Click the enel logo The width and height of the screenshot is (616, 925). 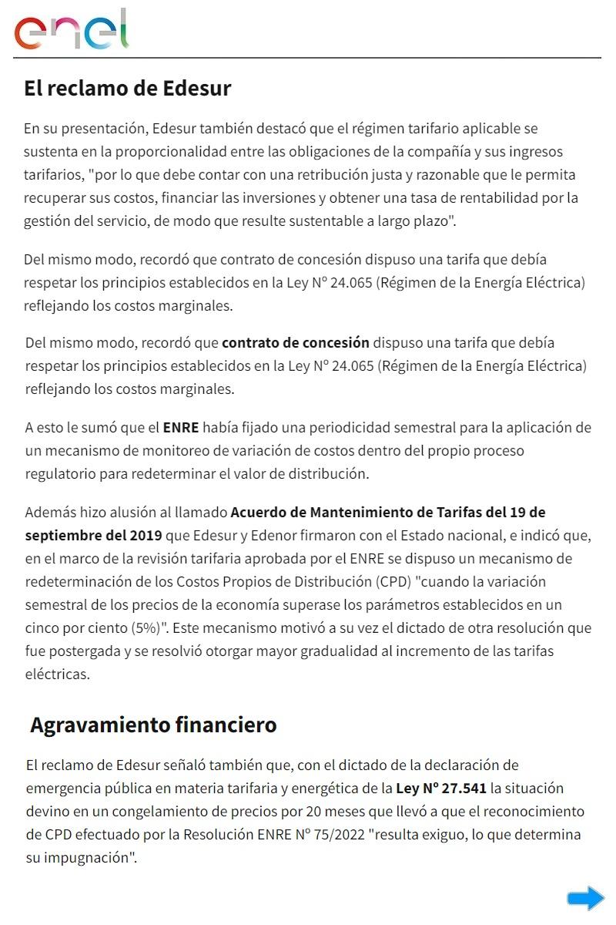point(71,31)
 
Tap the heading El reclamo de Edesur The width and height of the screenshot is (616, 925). point(127,88)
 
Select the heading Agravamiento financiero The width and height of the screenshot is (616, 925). point(153,725)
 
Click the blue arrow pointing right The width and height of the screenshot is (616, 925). point(586,898)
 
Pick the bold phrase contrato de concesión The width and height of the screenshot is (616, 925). point(296,342)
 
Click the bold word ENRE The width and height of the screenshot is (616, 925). point(181,427)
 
